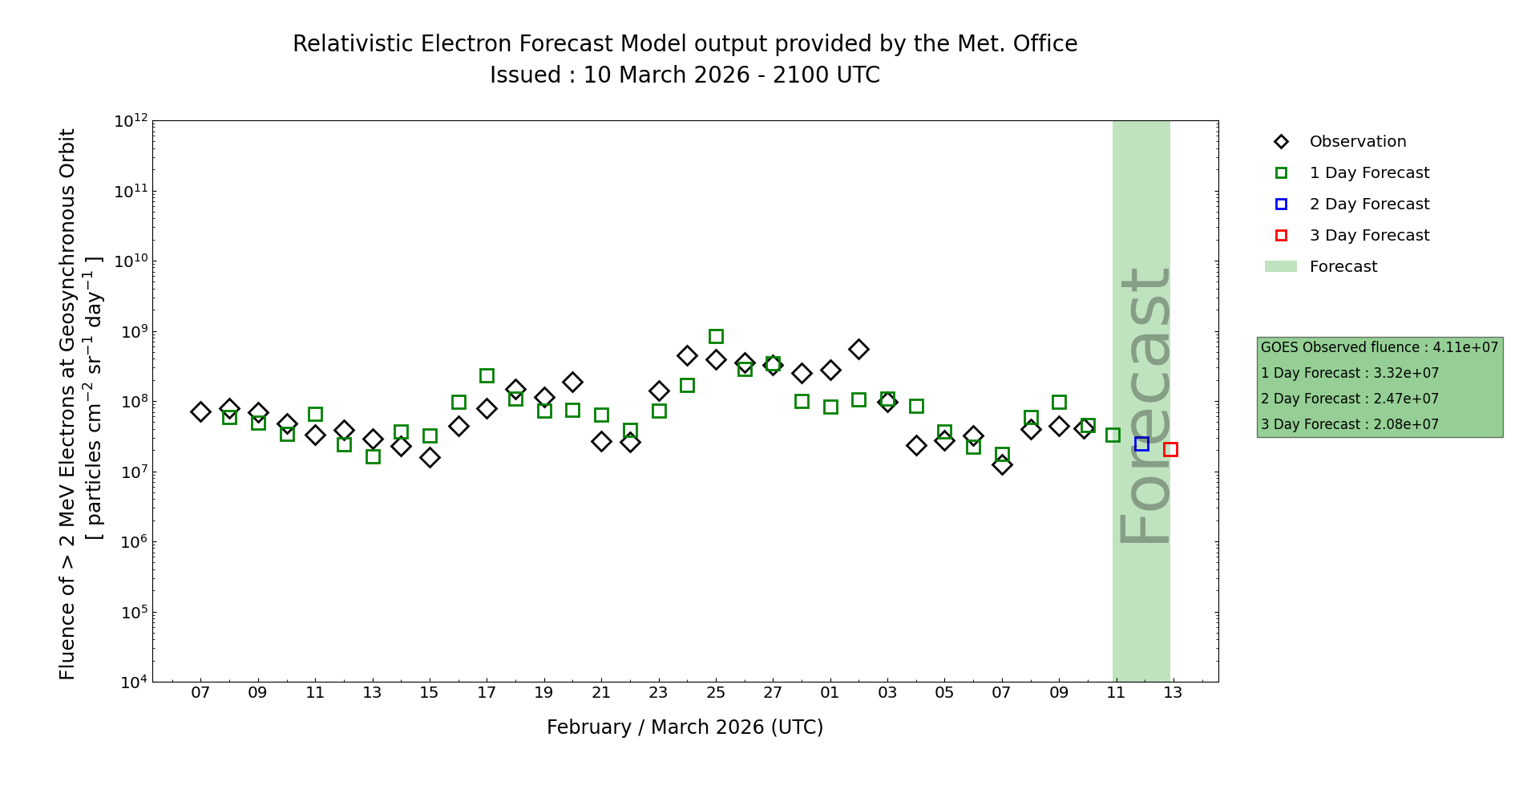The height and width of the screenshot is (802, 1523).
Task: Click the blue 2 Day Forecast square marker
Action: (1141, 444)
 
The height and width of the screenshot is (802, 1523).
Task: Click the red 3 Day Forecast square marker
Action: (1170, 449)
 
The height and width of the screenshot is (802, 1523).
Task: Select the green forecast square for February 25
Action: (716, 336)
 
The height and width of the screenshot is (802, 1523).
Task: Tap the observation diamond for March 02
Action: (858, 349)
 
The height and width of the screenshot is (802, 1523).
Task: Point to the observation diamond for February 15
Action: (430, 457)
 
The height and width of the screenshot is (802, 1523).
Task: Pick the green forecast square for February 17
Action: (487, 375)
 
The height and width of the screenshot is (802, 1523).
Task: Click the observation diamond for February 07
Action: (200, 411)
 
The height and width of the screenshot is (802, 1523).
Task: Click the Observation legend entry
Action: (1357, 142)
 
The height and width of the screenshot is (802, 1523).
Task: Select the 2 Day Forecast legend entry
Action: (1368, 205)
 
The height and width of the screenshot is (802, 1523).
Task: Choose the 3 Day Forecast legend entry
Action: (1368, 236)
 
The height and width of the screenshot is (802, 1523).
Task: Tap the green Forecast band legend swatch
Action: (1280, 266)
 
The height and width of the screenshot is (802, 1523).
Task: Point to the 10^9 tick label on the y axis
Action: (131, 332)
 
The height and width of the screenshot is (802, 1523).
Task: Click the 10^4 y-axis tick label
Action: (131, 683)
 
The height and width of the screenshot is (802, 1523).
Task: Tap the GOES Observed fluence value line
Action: (1379, 347)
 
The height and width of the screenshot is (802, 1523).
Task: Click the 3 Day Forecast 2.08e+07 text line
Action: (1349, 424)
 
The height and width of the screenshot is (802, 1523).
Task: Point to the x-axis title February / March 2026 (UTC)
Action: (685, 727)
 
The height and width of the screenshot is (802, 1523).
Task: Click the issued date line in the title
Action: (685, 75)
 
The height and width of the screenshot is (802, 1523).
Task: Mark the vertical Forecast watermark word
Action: (1144, 405)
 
